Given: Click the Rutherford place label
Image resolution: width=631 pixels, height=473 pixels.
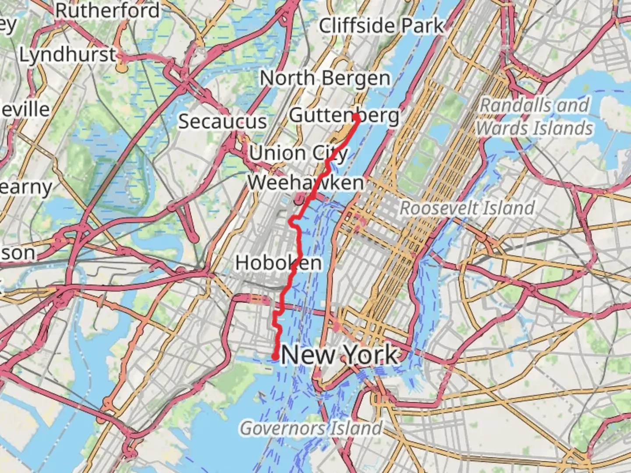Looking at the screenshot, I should coord(107,11).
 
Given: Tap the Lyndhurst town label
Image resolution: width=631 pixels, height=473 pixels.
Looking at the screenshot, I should coord(68,55).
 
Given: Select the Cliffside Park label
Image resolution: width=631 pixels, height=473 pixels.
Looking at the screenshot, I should coord(381,26).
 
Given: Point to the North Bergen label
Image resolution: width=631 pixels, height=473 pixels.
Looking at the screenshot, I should coord(325,79).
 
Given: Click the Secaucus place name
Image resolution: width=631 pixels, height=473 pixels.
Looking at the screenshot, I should coord(223,122).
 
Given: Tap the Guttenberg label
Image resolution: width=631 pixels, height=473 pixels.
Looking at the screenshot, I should coord(344,116).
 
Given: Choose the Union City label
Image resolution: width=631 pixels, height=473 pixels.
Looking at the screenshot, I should coord(298,154).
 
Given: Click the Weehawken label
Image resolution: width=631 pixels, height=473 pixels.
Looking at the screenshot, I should coord(305,183).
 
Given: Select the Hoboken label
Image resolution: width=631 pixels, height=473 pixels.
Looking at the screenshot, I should coord(279,263).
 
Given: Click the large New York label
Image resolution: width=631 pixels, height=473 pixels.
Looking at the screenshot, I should coord(340,354).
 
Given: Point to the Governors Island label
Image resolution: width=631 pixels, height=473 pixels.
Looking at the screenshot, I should coord(311,428).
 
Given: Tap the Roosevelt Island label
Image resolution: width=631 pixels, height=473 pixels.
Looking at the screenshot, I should coord(467,208).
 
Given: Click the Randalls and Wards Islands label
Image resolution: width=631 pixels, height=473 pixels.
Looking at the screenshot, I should coord(535,117).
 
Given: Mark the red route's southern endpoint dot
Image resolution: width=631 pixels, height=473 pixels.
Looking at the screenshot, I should coord(275,357).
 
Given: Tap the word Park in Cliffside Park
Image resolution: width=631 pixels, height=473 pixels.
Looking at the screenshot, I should coord(423,26).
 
